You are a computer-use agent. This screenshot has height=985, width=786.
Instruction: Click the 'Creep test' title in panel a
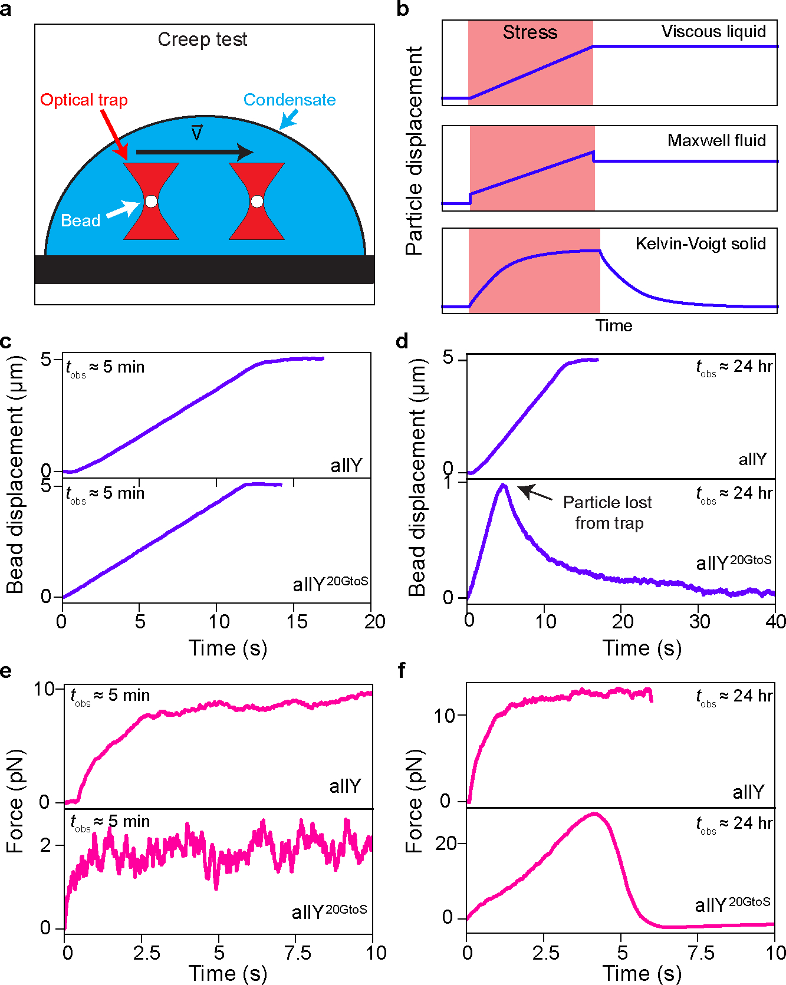point(202,39)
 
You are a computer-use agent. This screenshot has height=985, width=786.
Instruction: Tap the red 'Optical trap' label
point(84,100)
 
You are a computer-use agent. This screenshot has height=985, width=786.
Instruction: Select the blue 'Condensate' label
point(290,100)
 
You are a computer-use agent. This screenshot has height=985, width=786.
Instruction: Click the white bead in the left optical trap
point(151,202)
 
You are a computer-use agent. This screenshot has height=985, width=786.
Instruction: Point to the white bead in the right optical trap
point(257,202)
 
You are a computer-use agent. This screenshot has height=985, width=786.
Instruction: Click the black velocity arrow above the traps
point(195,152)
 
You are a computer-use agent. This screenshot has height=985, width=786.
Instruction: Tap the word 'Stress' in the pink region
point(530,32)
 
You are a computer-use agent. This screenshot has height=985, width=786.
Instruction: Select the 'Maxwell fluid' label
point(716,141)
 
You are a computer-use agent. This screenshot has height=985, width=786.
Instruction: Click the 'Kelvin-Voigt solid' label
point(701,243)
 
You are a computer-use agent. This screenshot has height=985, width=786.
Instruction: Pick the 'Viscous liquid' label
point(713,32)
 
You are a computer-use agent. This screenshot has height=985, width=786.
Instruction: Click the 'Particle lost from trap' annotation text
point(608,512)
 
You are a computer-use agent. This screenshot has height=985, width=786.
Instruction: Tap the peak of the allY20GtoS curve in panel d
point(503,486)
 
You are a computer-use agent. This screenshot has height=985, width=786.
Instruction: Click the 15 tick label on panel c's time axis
point(297,621)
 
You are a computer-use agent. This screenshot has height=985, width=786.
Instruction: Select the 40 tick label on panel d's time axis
point(775,621)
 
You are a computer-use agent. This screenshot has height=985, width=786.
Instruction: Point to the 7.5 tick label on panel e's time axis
point(297,953)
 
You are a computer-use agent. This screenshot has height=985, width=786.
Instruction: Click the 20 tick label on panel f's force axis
point(446,844)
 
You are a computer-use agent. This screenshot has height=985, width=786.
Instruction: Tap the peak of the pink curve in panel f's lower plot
point(594,814)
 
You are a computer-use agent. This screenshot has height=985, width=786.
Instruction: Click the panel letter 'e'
point(6,671)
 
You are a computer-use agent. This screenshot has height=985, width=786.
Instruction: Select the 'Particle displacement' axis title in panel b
point(415,151)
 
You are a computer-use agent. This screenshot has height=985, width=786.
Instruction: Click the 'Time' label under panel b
point(613,325)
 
